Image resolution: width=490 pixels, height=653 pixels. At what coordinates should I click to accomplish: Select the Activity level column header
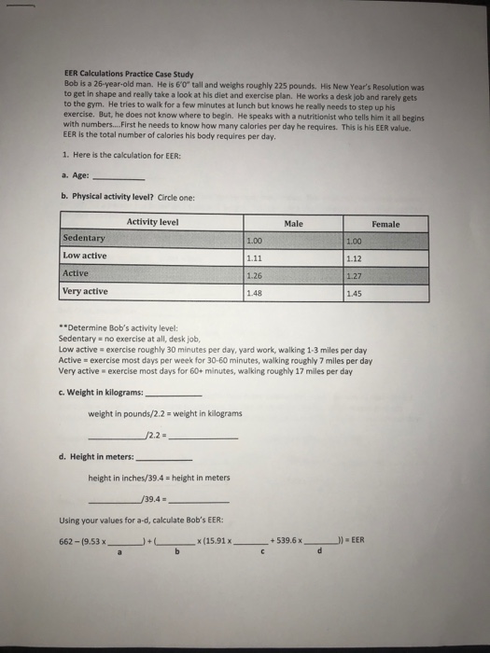pyautogui.click(x=152, y=222)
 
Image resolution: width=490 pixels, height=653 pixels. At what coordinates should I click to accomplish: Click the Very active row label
pyautogui.click(x=85, y=292)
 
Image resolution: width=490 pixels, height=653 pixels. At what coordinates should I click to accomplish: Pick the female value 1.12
pyautogui.click(x=353, y=258)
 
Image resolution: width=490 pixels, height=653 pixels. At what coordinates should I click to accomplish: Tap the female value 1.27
pyautogui.click(x=353, y=276)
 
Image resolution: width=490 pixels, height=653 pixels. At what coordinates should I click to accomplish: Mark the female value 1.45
pyautogui.click(x=353, y=294)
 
